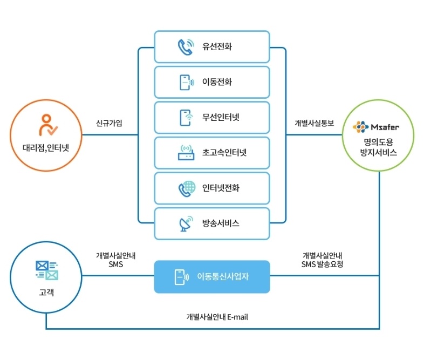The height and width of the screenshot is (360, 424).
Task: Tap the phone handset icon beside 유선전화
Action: (186, 47)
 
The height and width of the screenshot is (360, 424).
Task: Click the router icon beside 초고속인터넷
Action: (186, 153)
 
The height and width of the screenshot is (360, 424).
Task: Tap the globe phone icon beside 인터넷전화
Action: (186, 188)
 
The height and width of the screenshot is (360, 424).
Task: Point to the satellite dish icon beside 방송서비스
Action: (186, 223)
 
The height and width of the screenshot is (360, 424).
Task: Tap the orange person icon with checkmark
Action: (47, 125)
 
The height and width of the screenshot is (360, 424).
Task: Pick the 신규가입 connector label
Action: (109, 123)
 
